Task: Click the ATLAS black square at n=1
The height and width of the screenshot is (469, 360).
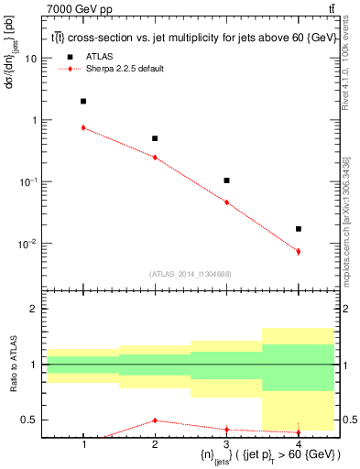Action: (83, 101)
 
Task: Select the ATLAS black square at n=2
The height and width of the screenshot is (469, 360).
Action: (155, 138)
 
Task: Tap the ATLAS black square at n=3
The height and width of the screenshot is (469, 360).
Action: (226, 180)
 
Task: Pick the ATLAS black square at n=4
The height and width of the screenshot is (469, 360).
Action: (299, 229)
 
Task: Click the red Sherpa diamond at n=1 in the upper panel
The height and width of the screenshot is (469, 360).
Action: (83, 127)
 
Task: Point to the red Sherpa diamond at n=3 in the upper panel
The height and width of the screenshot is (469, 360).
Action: (226, 202)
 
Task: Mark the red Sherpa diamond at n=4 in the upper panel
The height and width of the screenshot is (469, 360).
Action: (299, 251)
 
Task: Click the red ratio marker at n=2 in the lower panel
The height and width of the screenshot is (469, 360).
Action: (155, 420)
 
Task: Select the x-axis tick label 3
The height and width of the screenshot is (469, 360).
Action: (226, 444)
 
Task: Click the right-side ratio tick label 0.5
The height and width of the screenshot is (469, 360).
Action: (349, 420)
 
